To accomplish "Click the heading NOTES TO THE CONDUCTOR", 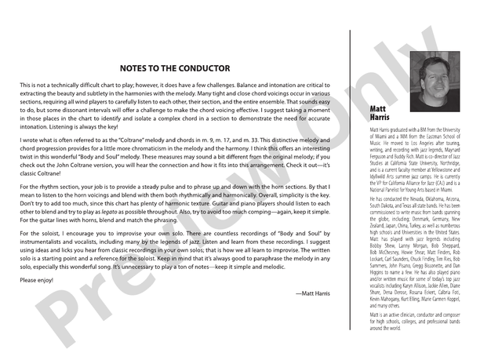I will (x=174, y=68).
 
